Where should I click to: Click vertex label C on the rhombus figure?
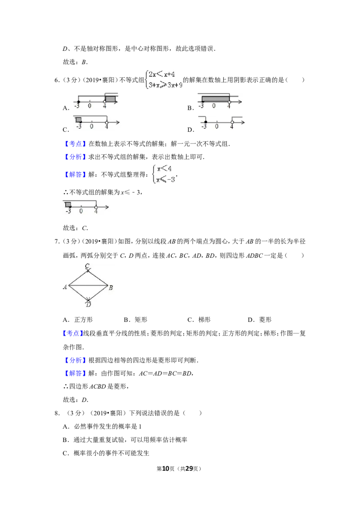tap(87, 266)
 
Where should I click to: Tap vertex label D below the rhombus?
tap(88, 304)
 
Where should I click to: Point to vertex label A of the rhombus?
tap(65, 286)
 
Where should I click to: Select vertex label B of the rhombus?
tap(111, 287)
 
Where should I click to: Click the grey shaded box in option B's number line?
tap(216, 98)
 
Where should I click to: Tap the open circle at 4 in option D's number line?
tap(232, 122)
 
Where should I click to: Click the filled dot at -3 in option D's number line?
tap(206, 122)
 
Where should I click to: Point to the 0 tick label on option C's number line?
tap(92, 126)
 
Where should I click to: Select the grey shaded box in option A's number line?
tap(110, 98)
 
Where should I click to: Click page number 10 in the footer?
tap(166, 469)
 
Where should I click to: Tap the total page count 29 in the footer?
tap(189, 469)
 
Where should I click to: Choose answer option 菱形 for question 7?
tap(265, 320)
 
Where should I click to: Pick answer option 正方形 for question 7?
tap(84, 320)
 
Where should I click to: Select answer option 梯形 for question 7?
tap(204, 320)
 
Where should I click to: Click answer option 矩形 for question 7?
tap(141, 320)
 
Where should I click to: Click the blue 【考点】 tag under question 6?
tap(76, 144)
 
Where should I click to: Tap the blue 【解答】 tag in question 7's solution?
tap(76, 373)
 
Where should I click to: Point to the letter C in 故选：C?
tap(85, 228)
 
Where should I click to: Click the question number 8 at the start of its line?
tap(57, 413)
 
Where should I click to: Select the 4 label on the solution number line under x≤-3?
tap(96, 211)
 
